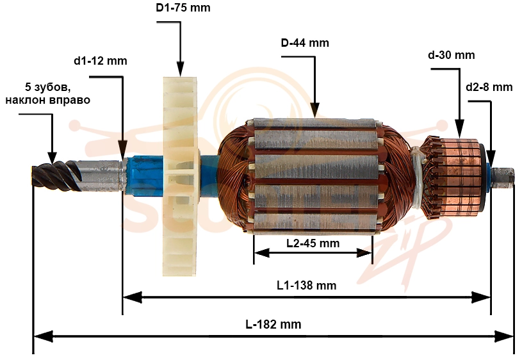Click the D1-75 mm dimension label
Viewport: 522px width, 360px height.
pyautogui.click(x=183, y=7)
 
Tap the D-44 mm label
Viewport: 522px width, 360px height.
pyautogui.click(x=305, y=43)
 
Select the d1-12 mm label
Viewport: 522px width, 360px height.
pyautogui.click(x=101, y=61)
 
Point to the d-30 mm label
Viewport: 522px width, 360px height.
pyautogui.click(x=452, y=55)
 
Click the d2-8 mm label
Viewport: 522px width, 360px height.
pyautogui.click(x=489, y=87)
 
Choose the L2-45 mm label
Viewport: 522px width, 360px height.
pyautogui.click(x=313, y=243)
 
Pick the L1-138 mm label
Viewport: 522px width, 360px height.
pyautogui.click(x=307, y=286)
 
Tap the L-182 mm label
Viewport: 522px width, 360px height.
pyautogui.click(x=273, y=324)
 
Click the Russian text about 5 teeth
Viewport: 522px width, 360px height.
pyautogui.click(x=48, y=94)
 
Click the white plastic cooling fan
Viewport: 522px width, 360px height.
pyautogui.click(x=180, y=177)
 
